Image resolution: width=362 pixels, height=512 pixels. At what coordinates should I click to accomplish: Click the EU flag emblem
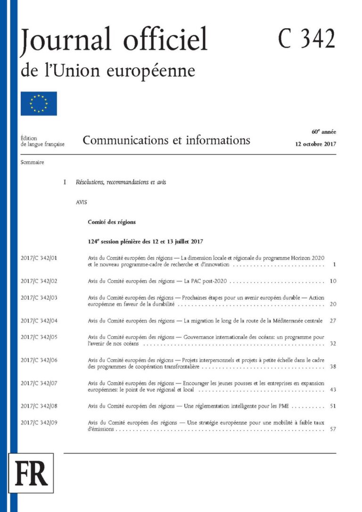[39, 104]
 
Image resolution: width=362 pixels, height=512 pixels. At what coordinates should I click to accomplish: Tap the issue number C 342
[306, 39]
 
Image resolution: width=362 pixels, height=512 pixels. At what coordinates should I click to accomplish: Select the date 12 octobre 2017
[313, 144]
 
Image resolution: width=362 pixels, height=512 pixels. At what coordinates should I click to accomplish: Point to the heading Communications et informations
[166, 140]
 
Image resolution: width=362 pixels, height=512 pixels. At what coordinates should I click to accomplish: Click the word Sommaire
[33, 162]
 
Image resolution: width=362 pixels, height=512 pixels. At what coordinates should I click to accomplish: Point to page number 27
[333, 321]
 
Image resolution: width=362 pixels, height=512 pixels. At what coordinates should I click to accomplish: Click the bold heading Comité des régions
[112, 222]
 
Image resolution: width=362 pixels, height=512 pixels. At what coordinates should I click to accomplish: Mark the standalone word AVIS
[82, 202]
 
